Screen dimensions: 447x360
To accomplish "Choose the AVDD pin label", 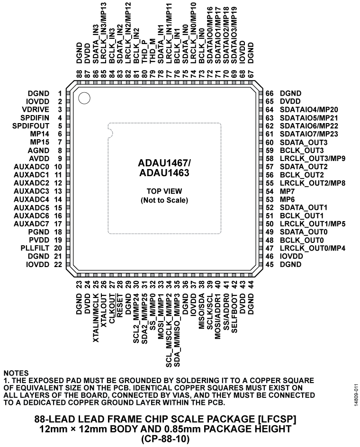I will [44, 159].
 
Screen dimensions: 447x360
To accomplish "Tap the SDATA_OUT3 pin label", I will [303, 143].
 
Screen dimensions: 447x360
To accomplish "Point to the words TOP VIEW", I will [164, 192].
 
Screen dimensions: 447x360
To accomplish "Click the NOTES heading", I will [16, 373].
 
